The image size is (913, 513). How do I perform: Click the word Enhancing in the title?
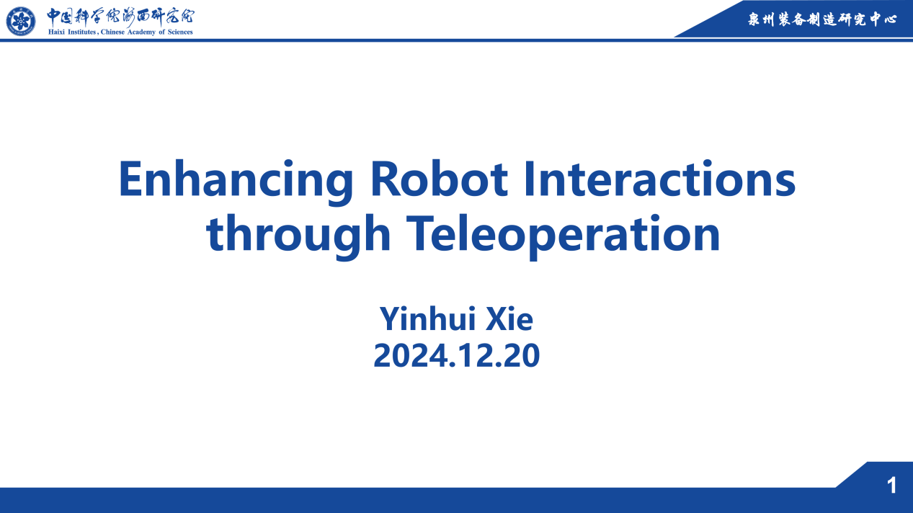tap(236, 182)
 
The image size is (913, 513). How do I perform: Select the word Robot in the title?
tap(439, 179)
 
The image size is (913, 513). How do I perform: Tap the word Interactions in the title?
tap(660, 179)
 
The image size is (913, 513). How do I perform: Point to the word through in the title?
tap(298, 236)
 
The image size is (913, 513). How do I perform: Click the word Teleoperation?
tap(564, 236)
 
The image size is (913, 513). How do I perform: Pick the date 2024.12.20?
tap(457, 356)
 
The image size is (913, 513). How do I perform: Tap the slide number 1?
tap(891, 486)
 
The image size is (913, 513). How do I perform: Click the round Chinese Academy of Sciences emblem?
tap(21, 21)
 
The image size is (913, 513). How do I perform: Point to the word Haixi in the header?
tap(57, 32)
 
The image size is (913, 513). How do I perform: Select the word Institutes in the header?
tap(81, 32)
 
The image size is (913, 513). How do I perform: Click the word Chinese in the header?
tap(112, 32)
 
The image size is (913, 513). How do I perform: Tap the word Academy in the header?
tap(141, 32)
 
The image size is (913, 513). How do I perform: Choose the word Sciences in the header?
tap(180, 32)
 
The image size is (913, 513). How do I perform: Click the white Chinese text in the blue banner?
tap(822, 19)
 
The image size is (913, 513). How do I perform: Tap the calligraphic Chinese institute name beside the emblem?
tap(120, 17)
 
